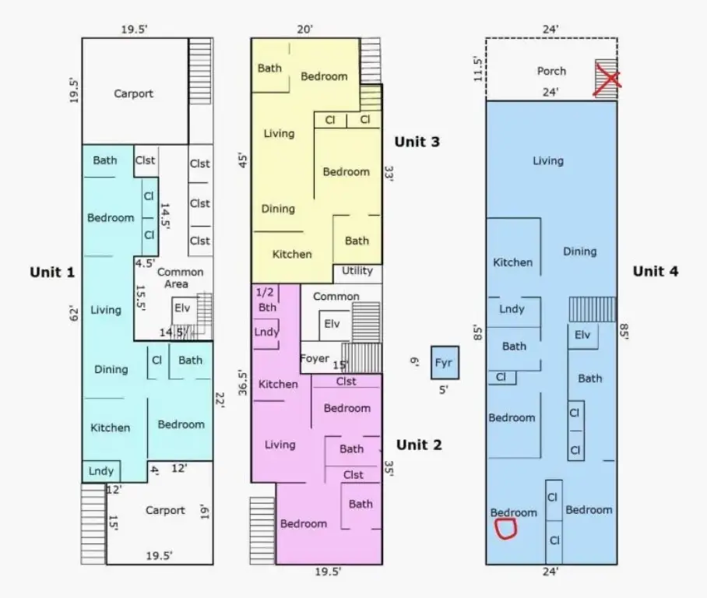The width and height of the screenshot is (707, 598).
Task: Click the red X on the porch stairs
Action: (607, 80)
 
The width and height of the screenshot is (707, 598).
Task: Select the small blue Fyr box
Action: (445, 363)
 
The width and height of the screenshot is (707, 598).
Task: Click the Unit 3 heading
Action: (417, 142)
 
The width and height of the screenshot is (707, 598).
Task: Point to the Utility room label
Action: (357, 271)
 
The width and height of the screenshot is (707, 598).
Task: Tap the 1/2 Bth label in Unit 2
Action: (266, 300)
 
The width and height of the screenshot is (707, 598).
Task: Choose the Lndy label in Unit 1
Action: (101, 471)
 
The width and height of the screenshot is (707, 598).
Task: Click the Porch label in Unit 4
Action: (551, 72)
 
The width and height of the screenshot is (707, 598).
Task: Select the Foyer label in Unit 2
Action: (315, 358)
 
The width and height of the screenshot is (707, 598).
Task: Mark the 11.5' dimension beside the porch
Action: (478, 69)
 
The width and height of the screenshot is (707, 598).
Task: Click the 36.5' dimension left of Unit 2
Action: (243, 383)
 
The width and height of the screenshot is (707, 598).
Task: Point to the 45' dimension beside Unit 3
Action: (243, 160)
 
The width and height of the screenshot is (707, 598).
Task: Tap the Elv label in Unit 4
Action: (582, 335)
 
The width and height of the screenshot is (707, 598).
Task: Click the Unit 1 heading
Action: (52, 272)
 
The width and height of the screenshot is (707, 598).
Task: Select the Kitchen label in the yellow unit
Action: (292, 255)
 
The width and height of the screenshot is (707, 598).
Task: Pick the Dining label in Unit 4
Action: (580, 252)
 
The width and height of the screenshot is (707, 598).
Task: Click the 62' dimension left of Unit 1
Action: (74, 315)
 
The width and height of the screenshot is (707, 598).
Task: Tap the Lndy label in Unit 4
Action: (512, 309)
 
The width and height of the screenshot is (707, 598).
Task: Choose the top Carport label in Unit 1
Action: (133, 93)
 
